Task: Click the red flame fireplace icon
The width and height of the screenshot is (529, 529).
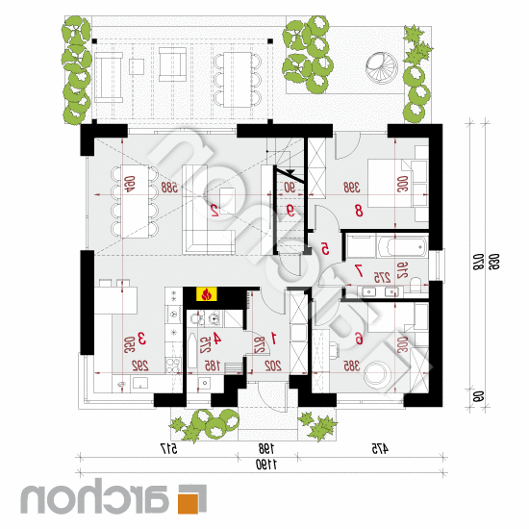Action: [204, 295]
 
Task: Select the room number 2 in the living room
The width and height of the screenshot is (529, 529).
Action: [213, 208]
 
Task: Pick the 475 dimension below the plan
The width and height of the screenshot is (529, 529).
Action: [377, 448]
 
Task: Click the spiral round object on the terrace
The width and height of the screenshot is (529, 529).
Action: [377, 68]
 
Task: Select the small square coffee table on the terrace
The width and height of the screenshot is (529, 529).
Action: [138, 66]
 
